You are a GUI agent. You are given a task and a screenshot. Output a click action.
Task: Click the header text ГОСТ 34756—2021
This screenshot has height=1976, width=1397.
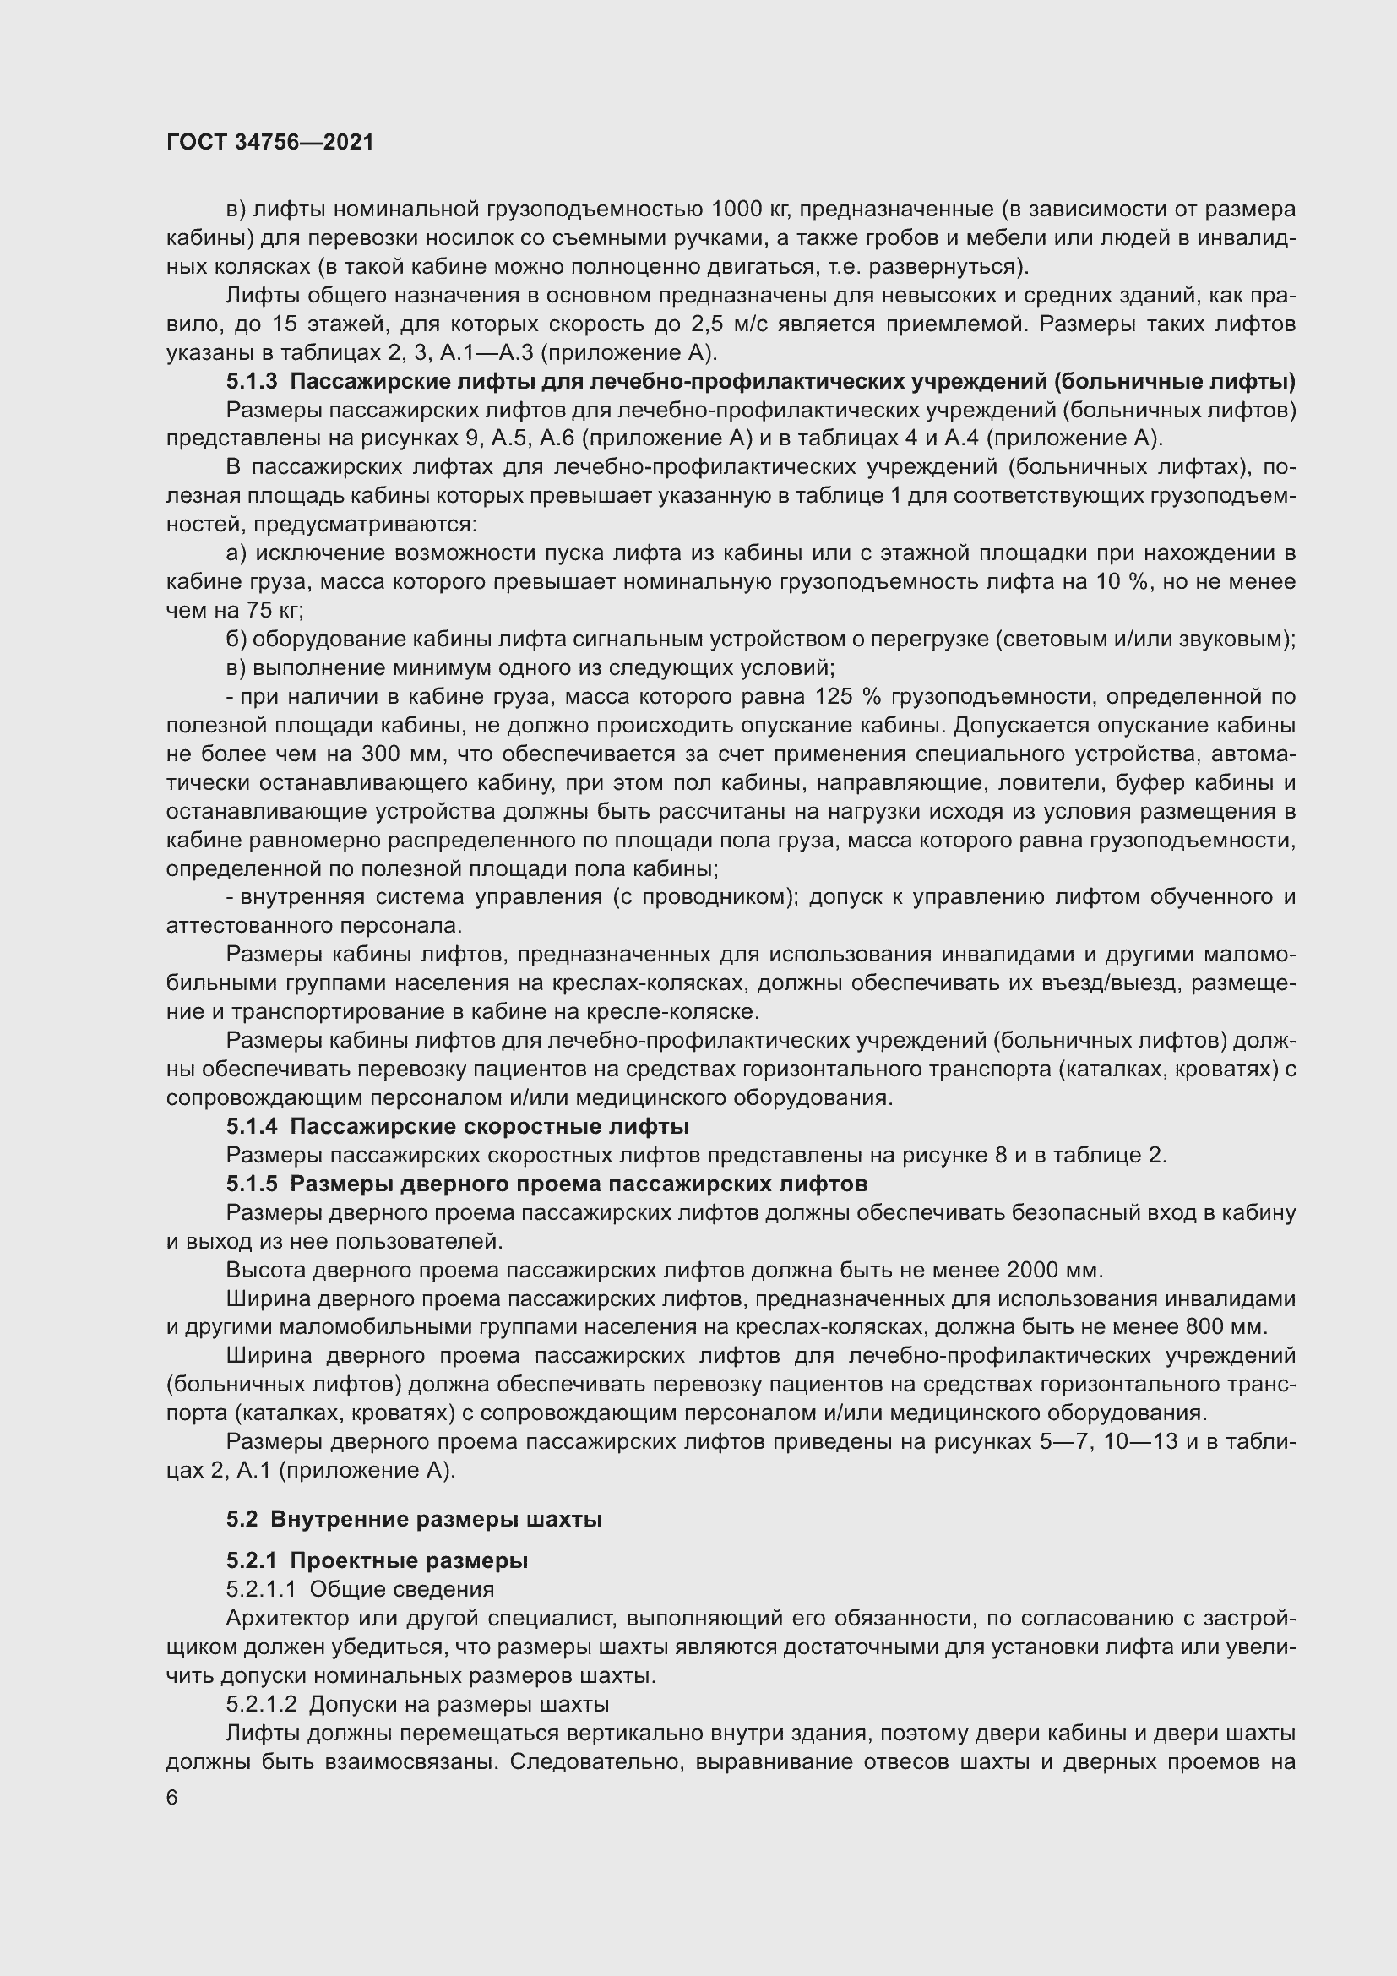click(x=270, y=142)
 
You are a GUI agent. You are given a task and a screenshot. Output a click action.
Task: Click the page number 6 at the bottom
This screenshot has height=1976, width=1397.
click(x=172, y=1798)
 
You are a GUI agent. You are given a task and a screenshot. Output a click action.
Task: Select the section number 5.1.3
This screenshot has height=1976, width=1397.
click(x=252, y=381)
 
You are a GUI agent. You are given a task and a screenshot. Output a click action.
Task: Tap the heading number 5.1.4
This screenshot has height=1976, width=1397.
click(x=252, y=1127)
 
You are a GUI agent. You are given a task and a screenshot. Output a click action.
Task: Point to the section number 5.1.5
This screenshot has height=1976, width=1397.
click(x=252, y=1184)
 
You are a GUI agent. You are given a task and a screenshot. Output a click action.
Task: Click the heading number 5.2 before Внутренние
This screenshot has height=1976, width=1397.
click(x=242, y=1519)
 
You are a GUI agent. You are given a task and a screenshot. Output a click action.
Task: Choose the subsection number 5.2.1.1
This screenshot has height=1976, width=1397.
click(x=262, y=1589)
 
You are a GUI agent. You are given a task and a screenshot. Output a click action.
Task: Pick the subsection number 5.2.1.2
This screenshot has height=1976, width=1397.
click(x=262, y=1704)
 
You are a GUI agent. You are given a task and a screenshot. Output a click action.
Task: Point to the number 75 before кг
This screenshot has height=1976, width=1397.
click(x=258, y=610)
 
